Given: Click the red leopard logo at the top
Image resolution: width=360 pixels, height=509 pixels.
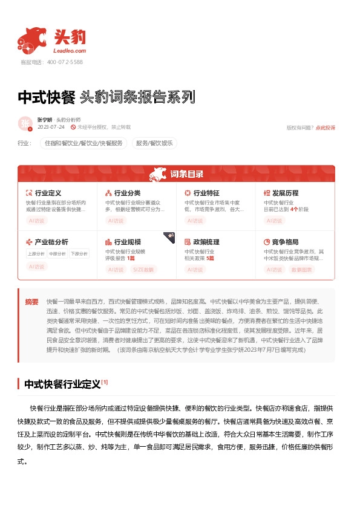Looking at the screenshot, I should coord(31,41).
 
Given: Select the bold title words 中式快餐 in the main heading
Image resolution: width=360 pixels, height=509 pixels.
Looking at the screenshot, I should coord(46,97).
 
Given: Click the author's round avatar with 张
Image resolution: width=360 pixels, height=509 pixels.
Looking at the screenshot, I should coord(25,123).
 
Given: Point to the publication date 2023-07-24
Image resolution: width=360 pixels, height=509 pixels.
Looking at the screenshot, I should coord(51,128).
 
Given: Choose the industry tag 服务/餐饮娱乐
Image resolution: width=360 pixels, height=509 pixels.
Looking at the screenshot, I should coord(154,143).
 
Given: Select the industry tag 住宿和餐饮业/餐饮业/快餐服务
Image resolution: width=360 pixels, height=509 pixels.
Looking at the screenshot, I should coord(83,143).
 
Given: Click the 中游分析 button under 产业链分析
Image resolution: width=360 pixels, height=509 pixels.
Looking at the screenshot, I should coord(57,254).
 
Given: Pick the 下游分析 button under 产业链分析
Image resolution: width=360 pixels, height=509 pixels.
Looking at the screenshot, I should coord(79,254).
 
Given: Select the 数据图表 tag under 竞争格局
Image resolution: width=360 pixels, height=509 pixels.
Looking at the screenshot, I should coord(302,269).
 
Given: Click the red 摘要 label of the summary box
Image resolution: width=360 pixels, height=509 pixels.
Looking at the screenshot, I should coord(31,301).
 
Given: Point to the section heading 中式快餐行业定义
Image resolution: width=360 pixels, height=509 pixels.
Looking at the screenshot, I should coord(62,384).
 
